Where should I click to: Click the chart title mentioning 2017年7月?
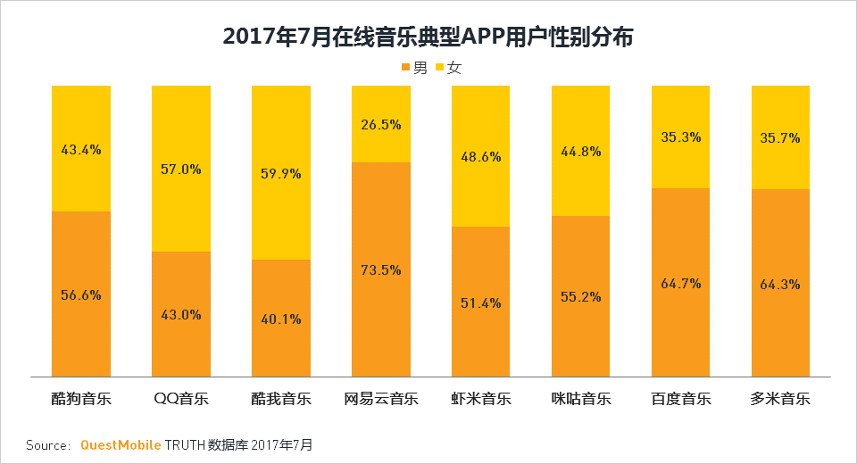tap(428, 36)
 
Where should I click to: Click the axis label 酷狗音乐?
tap(81, 399)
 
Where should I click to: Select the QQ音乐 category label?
tap(180, 399)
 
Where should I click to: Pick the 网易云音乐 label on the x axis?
tap(381, 399)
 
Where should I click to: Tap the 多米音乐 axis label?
tap(780, 399)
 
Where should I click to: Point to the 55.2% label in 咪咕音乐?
tap(580, 296)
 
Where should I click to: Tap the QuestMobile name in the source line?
tap(121, 444)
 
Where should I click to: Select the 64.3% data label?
tap(780, 285)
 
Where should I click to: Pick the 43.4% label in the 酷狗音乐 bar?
tap(81, 150)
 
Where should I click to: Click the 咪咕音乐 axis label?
tap(580, 399)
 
